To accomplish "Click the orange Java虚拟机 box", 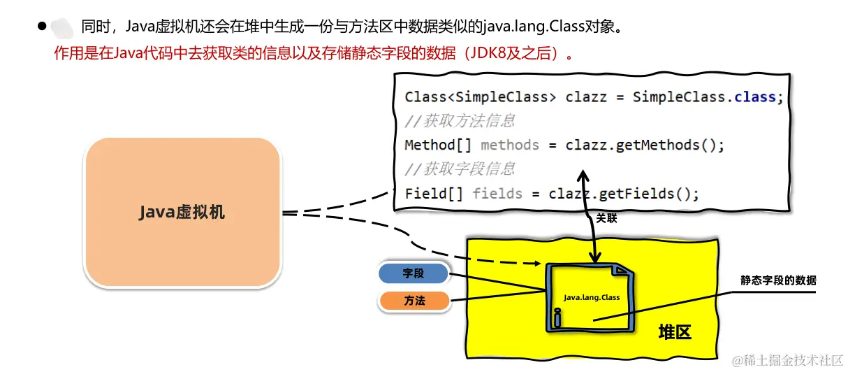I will coord(182,212).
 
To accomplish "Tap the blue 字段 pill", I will coord(413,273).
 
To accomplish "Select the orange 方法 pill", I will coord(414,301).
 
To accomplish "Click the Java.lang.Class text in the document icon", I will coord(592,297).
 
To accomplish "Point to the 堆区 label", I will coord(674,332).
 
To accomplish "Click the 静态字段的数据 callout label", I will coord(778,280).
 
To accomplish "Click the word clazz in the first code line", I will coord(587,97).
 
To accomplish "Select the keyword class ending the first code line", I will coord(755,97).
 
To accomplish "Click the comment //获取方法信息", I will coord(460,121).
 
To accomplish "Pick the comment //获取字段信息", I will coord(460,169).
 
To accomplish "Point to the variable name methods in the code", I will coord(510,145).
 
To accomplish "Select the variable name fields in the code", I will coord(497,193).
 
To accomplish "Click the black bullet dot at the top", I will coord(42,26).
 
